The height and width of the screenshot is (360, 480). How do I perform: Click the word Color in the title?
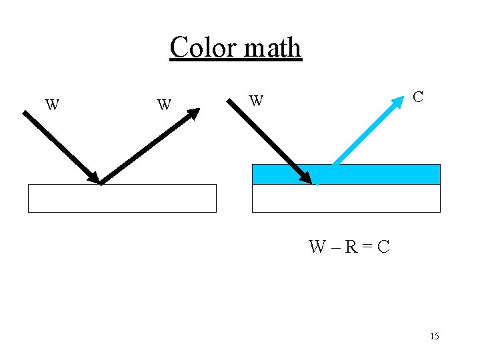(202, 47)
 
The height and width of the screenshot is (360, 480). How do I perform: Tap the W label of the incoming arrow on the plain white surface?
(52, 105)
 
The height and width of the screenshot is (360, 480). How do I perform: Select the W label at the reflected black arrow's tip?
(164, 105)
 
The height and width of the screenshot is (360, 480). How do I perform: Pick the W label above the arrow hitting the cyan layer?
(256, 101)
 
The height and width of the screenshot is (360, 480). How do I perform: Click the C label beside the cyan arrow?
(417, 97)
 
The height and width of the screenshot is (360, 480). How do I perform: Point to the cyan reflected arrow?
(367, 132)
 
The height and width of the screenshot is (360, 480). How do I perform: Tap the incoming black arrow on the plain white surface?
(60, 147)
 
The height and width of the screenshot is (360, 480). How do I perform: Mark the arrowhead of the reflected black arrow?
(193, 113)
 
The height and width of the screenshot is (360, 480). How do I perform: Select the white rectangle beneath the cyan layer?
(346, 198)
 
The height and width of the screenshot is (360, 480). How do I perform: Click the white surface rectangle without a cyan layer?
(122, 198)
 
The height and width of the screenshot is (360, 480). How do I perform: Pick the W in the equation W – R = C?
(317, 247)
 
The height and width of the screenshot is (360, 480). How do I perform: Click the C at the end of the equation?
(383, 247)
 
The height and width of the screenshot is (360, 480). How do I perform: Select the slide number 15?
(435, 336)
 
